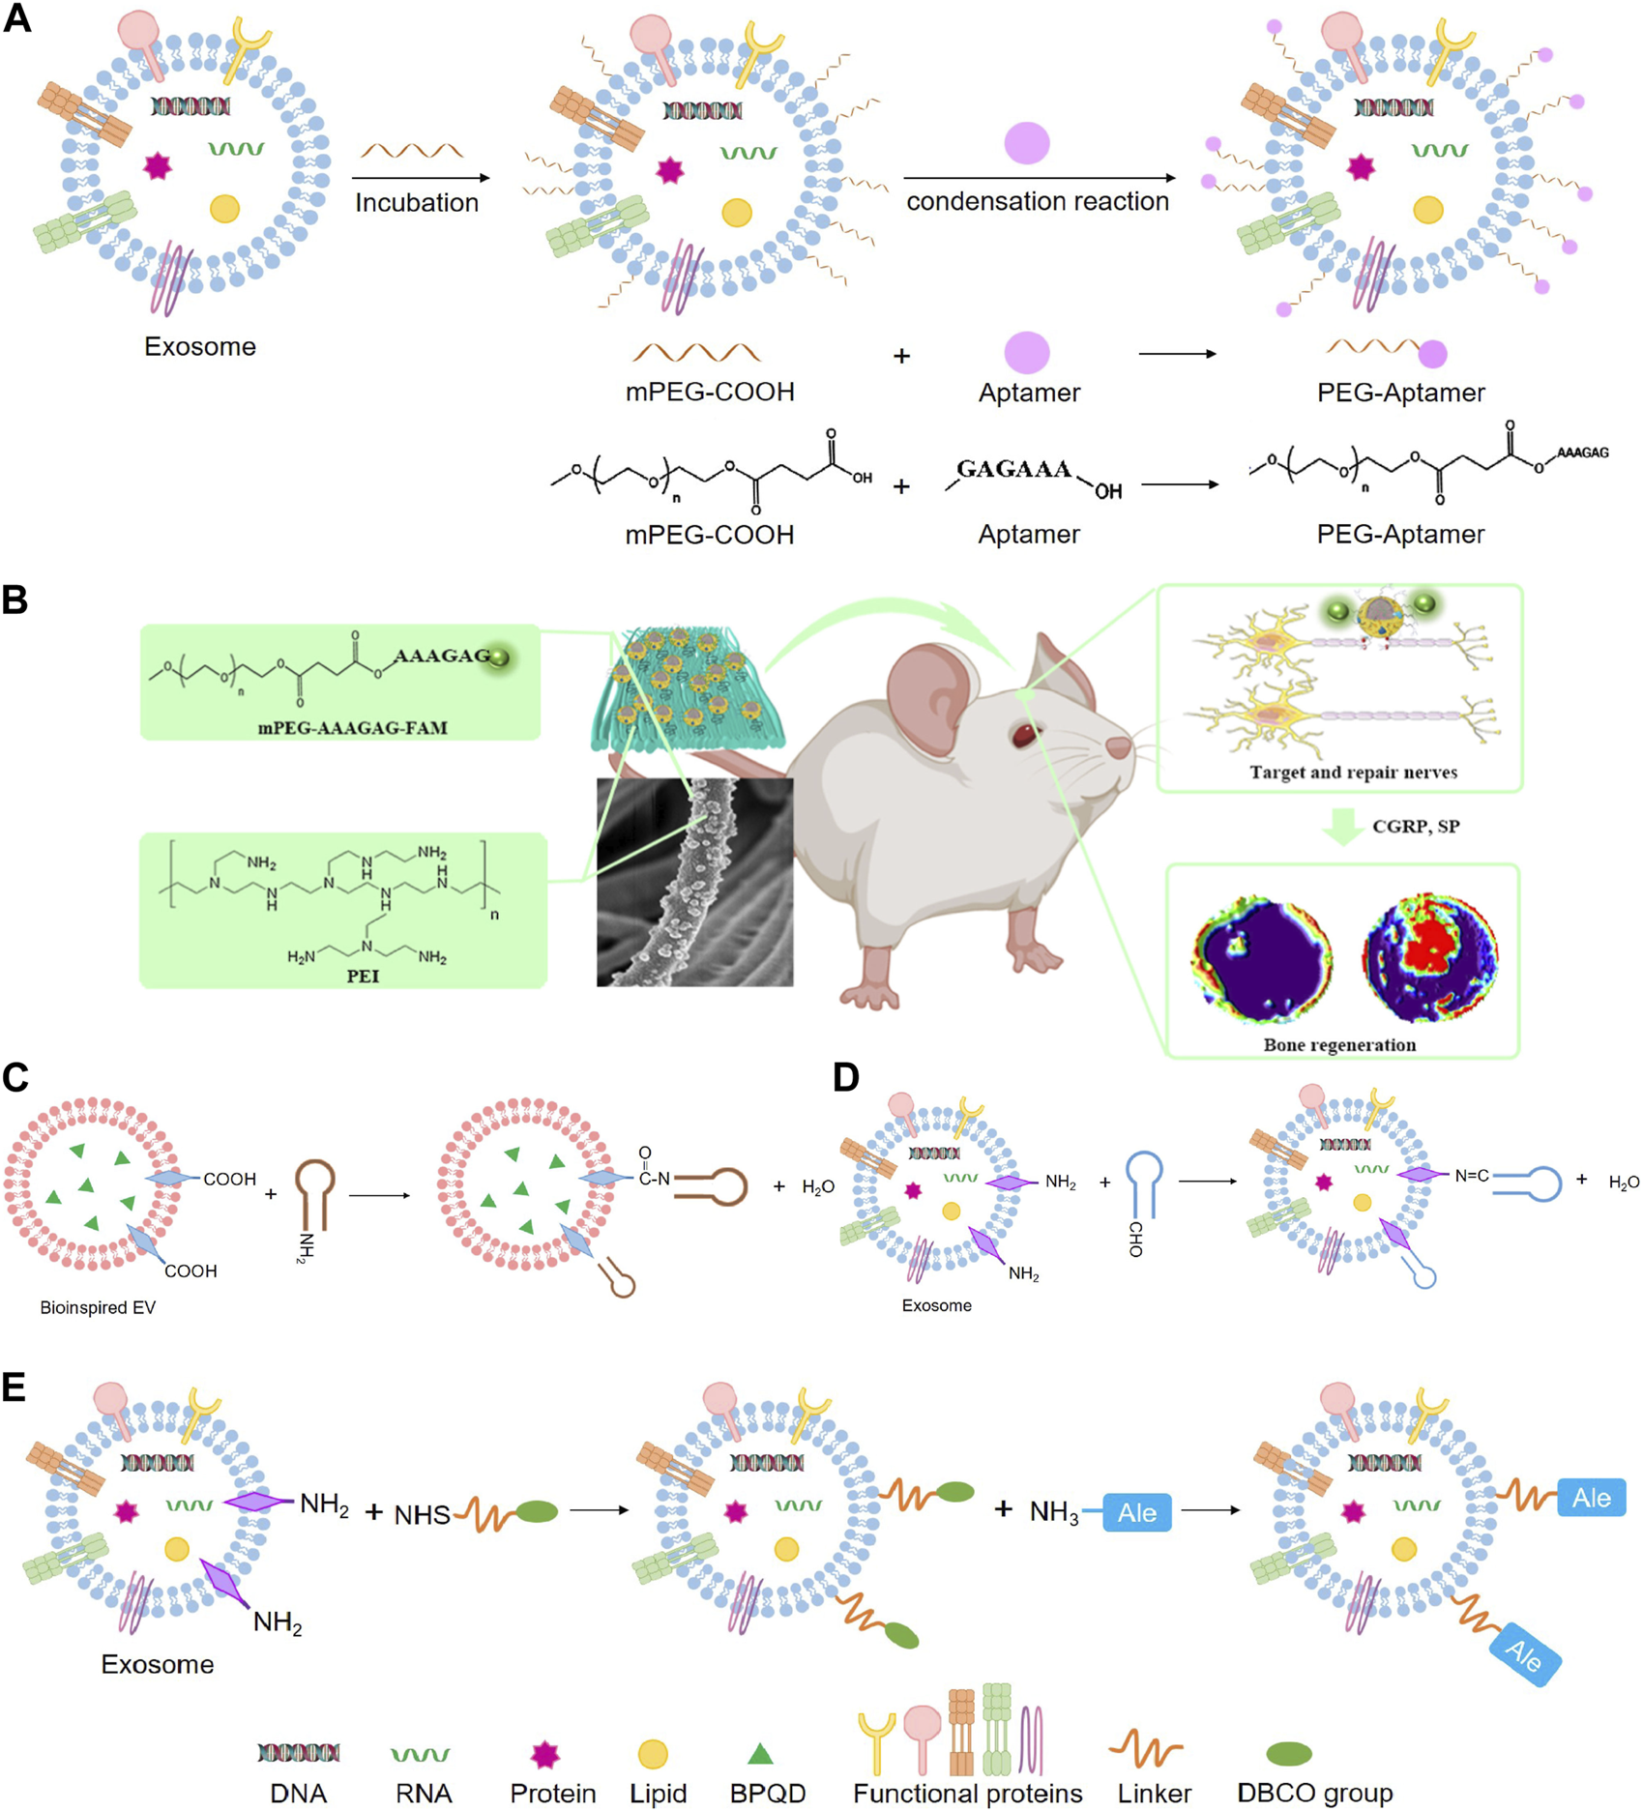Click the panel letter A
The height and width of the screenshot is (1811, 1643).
(x=17, y=19)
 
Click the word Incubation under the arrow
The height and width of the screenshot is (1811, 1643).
(x=417, y=203)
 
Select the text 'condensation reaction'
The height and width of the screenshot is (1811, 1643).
(x=1037, y=201)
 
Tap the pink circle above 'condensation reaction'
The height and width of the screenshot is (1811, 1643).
(x=1026, y=143)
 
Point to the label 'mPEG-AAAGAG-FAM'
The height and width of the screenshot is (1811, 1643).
(x=352, y=727)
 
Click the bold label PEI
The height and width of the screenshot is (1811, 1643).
(x=363, y=976)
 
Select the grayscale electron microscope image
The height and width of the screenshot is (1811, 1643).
(x=694, y=882)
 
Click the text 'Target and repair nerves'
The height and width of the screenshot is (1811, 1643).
(x=1353, y=772)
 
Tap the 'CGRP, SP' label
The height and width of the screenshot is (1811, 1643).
(x=1415, y=827)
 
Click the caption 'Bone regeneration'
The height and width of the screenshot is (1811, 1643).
(x=1339, y=1044)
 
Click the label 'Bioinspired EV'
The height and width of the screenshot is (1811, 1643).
(x=98, y=1307)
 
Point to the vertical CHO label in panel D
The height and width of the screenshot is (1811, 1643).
(x=1135, y=1239)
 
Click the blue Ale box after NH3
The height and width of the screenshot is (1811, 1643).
(x=1136, y=1513)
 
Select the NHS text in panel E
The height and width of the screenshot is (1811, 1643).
(x=423, y=1515)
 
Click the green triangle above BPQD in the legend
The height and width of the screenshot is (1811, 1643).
(x=760, y=1753)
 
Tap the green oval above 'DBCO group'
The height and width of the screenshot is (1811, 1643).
(x=1288, y=1753)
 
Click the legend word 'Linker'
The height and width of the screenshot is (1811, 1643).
(x=1154, y=1794)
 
